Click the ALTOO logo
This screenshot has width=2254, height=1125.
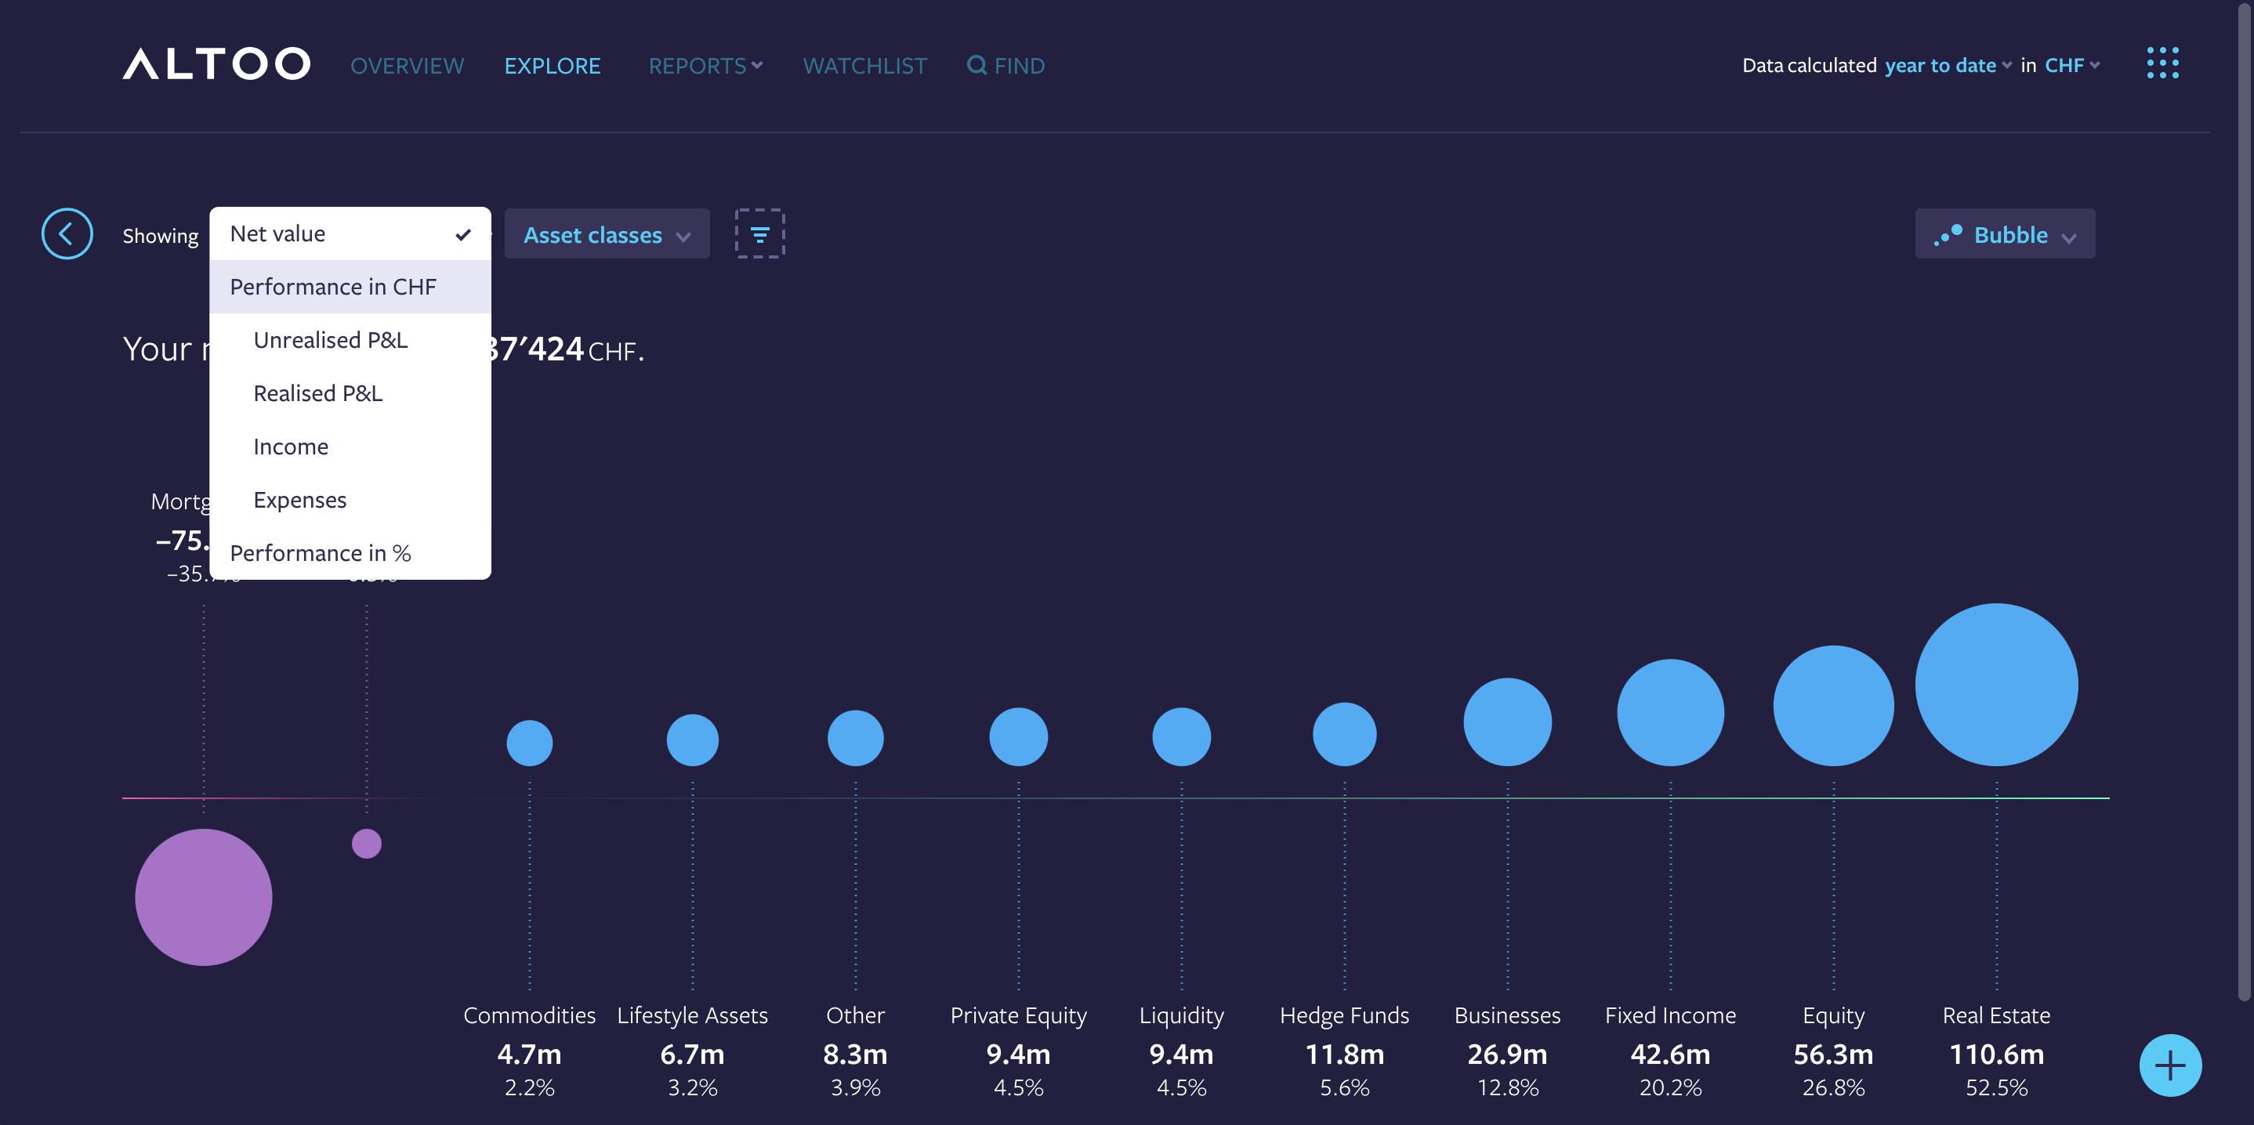click(x=216, y=64)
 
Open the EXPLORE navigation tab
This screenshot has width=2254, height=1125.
click(x=552, y=66)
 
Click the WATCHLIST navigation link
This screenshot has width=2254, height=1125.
click(x=864, y=66)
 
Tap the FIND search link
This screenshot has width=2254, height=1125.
click(x=1006, y=66)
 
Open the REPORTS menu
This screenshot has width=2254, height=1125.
click(x=705, y=66)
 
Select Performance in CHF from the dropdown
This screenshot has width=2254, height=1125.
click(x=332, y=287)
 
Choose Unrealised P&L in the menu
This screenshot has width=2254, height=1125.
click(x=330, y=340)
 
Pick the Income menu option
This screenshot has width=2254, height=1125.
click(x=291, y=447)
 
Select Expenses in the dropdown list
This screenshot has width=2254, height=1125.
click(x=299, y=501)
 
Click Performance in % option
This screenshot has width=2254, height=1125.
click(x=321, y=554)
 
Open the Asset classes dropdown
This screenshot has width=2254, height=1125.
click(x=607, y=234)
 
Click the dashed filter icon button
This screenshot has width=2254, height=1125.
click(x=759, y=233)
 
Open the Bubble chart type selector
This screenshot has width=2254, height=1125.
click(x=2005, y=234)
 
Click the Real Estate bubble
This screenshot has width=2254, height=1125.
click(x=1996, y=684)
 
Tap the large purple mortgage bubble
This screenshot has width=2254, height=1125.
click(x=204, y=897)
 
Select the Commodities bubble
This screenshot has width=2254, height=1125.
click(x=529, y=743)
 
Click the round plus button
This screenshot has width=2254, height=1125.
click(x=2170, y=1065)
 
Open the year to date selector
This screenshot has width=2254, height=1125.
click(x=1947, y=66)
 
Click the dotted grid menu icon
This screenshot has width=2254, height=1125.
click(x=2162, y=63)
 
